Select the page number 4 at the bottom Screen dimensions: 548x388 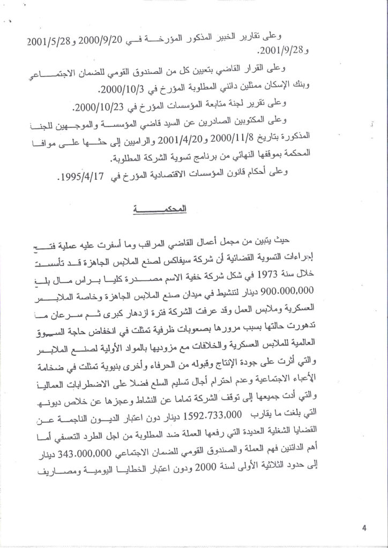(364, 529)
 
